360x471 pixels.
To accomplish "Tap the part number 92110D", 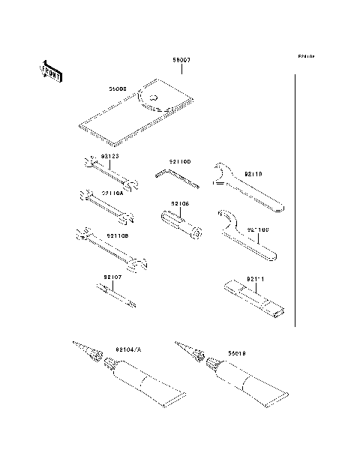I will pyautogui.click(x=180, y=161).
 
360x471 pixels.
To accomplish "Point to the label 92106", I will pyautogui.click(x=180, y=203).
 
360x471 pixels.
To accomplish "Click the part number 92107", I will pyautogui.click(x=112, y=277).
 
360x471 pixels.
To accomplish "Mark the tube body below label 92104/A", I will pyautogui.click(x=142, y=386).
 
